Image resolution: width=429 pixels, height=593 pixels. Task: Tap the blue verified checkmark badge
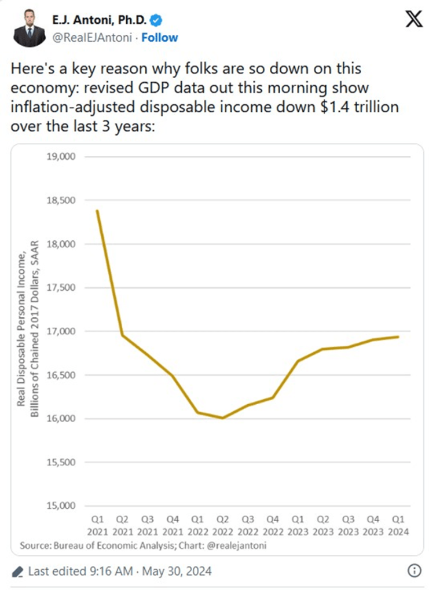pyautogui.click(x=156, y=21)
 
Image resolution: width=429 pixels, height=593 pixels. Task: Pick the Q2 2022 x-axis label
pyautogui.click(x=222, y=524)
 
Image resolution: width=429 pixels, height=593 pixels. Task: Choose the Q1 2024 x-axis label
pyautogui.click(x=398, y=524)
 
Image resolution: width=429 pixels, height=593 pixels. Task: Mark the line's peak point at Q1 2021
pyautogui.click(x=97, y=211)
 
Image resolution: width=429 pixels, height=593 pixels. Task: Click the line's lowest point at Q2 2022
pyautogui.click(x=222, y=418)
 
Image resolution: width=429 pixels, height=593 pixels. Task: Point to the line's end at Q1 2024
pyautogui.click(x=398, y=337)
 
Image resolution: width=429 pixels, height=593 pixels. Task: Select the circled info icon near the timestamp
pyautogui.click(x=415, y=572)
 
